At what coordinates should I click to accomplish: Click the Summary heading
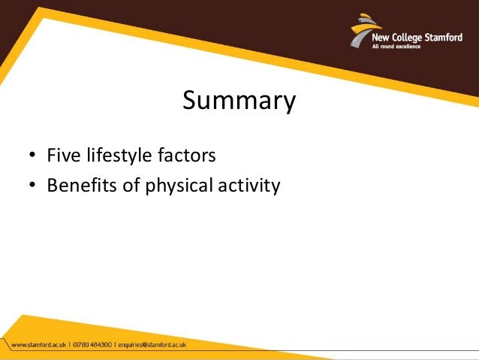pyautogui.click(x=239, y=101)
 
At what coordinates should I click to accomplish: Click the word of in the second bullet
pyautogui.click(x=131, y=186)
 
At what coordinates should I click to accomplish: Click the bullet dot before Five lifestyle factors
pyautogui.click(x=32, y=157)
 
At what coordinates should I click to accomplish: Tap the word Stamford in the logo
pyautogui.click(x=439, y=38)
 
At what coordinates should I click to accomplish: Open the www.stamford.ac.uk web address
pyautogui.click(x=38, y=346)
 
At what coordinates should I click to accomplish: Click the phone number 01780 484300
pyautogui.click(x=93, y=346)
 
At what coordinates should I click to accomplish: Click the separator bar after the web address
pyautogui.click(x=69, y=346)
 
